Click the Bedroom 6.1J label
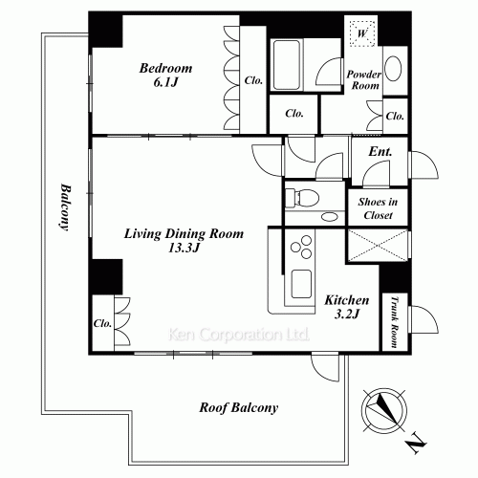pos(165,76)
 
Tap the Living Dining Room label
pos(184,233)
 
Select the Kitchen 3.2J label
pos(347,307)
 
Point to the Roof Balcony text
pos(239,407)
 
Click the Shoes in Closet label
pos(378,208)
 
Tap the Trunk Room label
pos(395,322)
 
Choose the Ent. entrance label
pos(380,152)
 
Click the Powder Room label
pos(363,80)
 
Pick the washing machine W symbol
pos(362,33)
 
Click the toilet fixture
pos(302,198)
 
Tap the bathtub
pos(286,65)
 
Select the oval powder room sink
pos(393,69)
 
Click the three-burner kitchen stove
pos(301,247)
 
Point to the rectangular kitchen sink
pos(301,284)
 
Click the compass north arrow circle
pos(384,410)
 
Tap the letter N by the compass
pos(416,443)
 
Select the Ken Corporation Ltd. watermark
pos(239,335)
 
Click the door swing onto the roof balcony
pos(325,367)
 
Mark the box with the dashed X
pos(378,246)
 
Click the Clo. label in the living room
pos(102,324)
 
